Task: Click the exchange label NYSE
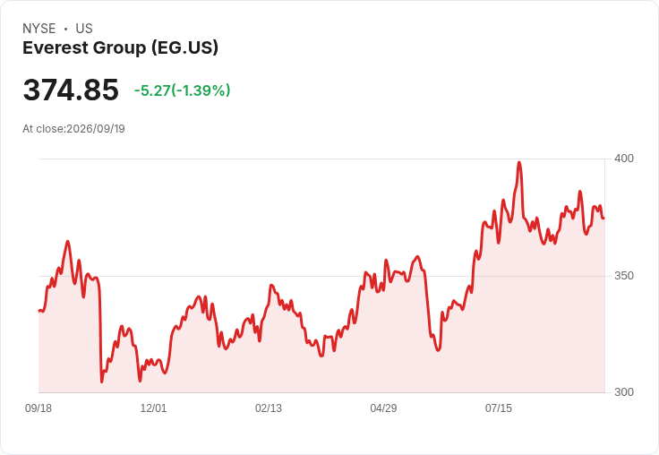[39, 29]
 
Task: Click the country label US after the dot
[84, 29]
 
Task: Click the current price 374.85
[71, 90]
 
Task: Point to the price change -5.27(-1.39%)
[183, 90]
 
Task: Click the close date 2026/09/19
[96, 129]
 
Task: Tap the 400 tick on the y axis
[624, 159]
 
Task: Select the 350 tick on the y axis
[624, 276]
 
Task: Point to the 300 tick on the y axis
[624, 392]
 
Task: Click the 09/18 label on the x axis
[39, 408]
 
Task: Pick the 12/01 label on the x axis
[153, 408]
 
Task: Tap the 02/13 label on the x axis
[269, 408]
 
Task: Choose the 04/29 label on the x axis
[383, 408]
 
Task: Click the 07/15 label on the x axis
[499, 408]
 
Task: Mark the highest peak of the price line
[519, 162]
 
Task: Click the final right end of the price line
[604, 219]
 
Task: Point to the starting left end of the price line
[39, 311]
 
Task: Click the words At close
[43, 129]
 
